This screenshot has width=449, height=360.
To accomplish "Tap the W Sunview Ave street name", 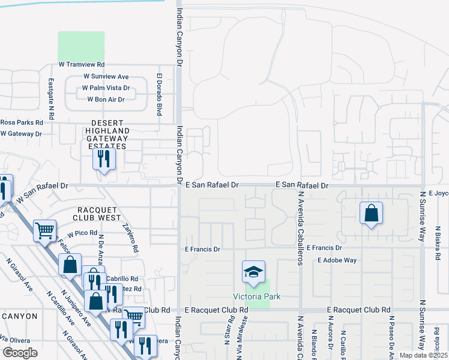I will (106, 77).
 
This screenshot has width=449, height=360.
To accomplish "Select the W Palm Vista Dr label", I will (106, 88).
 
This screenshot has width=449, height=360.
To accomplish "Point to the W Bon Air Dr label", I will (106, 100).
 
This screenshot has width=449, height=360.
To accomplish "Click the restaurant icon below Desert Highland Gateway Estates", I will (103, 158).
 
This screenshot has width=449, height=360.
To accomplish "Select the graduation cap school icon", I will (253, 271).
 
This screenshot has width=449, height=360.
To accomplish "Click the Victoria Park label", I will (257, 297).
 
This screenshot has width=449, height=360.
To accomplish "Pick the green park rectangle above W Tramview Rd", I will (81, 46).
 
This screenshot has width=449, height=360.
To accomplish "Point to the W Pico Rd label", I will (82, 233).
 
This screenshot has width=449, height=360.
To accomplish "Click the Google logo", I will (20, 353).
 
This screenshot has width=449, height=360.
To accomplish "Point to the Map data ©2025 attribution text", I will (423, 355).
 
